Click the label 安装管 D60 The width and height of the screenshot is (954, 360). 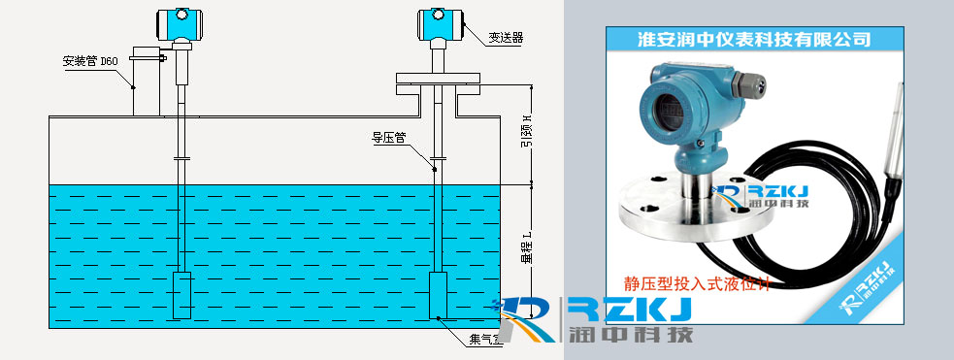click(90, 60)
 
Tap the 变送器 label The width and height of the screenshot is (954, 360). click(505, 37)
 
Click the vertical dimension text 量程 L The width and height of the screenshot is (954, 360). click(525, 248)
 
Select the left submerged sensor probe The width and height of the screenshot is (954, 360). click(181, 295)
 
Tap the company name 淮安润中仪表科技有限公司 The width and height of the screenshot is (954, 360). click(752, 39)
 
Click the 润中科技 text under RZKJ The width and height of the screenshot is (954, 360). click(630, 337)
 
